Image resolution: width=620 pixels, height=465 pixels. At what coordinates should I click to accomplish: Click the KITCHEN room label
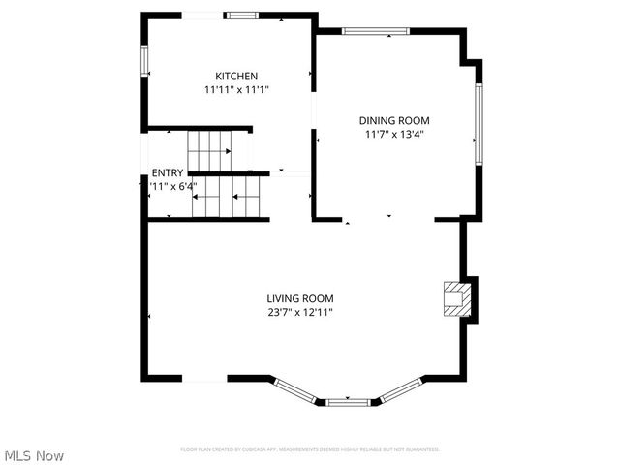click(x=236, y=76)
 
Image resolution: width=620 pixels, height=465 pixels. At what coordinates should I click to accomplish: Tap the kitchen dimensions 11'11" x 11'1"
click(x=236, y=89)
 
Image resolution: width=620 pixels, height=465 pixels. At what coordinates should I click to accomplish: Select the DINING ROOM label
click(x=394, y=121)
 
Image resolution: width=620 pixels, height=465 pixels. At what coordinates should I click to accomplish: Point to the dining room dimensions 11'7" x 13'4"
click(x=394, y=135)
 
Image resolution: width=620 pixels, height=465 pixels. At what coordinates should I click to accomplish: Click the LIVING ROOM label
click(x=300, y=298)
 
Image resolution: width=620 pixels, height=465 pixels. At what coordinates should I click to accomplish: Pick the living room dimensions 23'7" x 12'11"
click(x=300, y=312)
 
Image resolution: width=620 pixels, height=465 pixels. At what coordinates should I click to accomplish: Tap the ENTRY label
click(x=167, y=172)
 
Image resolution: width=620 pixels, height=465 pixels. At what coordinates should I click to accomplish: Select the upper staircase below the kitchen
click(x=210, y=151)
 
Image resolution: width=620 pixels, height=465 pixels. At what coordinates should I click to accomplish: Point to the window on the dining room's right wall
click(x=479, y=123)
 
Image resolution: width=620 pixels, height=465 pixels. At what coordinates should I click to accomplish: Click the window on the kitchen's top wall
click(x=241, y=15)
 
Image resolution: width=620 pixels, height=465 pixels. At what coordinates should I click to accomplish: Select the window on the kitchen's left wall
click(x=145, y=59)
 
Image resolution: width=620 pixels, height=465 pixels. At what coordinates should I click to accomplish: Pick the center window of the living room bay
click(x=347, y=401)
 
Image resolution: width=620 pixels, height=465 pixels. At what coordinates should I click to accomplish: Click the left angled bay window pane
click(x=294, y=388)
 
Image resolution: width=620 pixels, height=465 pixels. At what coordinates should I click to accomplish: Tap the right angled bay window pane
click(x=398, y=388)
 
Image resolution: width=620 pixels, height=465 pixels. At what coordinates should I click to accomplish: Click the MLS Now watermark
click(x=34, y=455)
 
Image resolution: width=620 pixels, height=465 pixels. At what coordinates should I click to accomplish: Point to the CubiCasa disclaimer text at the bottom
click(x=310, y=449)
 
